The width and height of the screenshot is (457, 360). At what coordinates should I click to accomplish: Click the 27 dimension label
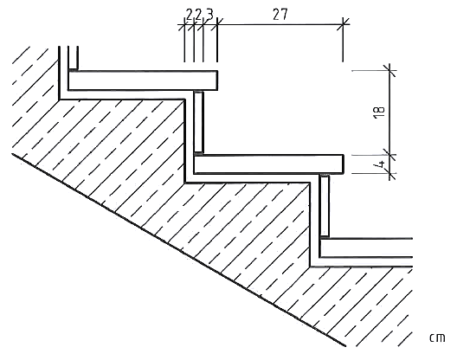tap(280, 15)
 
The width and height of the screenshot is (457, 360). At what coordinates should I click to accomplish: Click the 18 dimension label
tap(379, 112)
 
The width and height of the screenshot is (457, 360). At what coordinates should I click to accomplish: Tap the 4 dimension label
tap(381, 164)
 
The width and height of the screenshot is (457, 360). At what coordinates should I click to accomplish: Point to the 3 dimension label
tap(209, 15)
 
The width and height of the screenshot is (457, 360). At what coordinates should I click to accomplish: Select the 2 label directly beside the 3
tap(198, 15)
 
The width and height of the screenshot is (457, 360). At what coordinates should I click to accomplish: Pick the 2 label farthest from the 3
tap(190, 15)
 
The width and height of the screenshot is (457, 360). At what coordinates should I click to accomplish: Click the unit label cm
tap(437, 337)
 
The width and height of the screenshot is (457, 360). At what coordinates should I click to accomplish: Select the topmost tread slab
tap(143, 80)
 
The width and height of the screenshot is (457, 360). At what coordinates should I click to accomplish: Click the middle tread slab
tap(268, 164)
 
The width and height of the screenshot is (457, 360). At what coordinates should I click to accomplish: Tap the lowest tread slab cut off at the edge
tap(366, 248)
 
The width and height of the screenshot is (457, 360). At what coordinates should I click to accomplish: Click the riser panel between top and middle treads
tap(199, 122)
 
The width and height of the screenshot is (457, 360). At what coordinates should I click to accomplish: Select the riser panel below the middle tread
tap(325, 205)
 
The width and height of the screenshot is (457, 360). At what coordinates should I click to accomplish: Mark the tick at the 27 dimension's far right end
tap(344, 23)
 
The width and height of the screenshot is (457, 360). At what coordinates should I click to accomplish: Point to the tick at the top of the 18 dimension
tap(390, 70)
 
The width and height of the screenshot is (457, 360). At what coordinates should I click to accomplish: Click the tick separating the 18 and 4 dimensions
tap(390, 155)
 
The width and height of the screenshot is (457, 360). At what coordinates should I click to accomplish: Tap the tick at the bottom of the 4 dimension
tap(390, 174)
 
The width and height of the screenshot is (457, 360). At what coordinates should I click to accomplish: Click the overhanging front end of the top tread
tap(217, 80)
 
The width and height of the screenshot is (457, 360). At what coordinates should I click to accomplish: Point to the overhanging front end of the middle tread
tap(343, 164)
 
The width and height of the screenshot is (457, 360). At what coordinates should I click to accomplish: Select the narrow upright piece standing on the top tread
tap(73, 58)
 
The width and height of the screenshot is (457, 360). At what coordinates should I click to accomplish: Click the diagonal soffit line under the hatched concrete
tap(179, 250)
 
